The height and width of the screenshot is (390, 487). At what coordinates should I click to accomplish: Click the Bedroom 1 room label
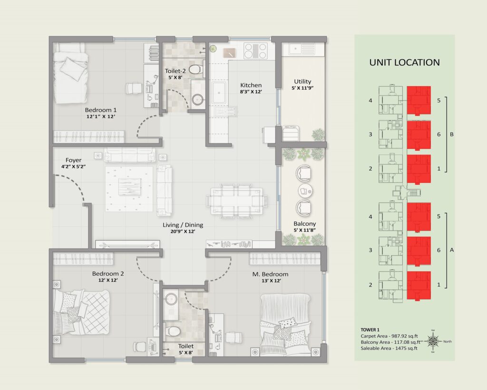[101, 110]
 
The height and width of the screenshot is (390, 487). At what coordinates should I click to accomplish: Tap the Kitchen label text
[251, 85]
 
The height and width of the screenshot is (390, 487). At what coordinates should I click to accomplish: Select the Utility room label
[302, 81]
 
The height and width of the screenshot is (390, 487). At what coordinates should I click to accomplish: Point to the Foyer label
[74, 160]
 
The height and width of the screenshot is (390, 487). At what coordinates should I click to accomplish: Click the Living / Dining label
[183, 225]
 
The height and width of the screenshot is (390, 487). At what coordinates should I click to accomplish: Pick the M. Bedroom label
[270, 274]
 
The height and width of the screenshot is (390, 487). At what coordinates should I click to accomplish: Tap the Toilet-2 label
[175, 71]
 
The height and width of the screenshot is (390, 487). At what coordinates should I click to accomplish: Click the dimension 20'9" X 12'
[183, 231]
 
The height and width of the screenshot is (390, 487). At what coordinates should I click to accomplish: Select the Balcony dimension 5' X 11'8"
[304, 230]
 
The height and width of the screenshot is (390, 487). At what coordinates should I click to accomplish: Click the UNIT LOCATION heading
[404, 62]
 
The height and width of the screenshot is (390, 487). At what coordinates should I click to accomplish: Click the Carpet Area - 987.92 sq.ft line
[389, 336]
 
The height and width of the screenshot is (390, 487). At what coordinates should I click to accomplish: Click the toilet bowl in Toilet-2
[195, 69]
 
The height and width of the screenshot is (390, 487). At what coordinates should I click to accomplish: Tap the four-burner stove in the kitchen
[255, 50]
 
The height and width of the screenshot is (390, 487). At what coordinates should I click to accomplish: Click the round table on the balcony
[305, 191]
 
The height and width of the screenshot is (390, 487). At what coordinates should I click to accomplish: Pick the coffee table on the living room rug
[129, 187]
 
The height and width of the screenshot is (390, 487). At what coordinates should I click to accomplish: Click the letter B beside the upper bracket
[452, 134]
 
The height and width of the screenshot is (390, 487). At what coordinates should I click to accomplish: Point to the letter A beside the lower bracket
[452, 250]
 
